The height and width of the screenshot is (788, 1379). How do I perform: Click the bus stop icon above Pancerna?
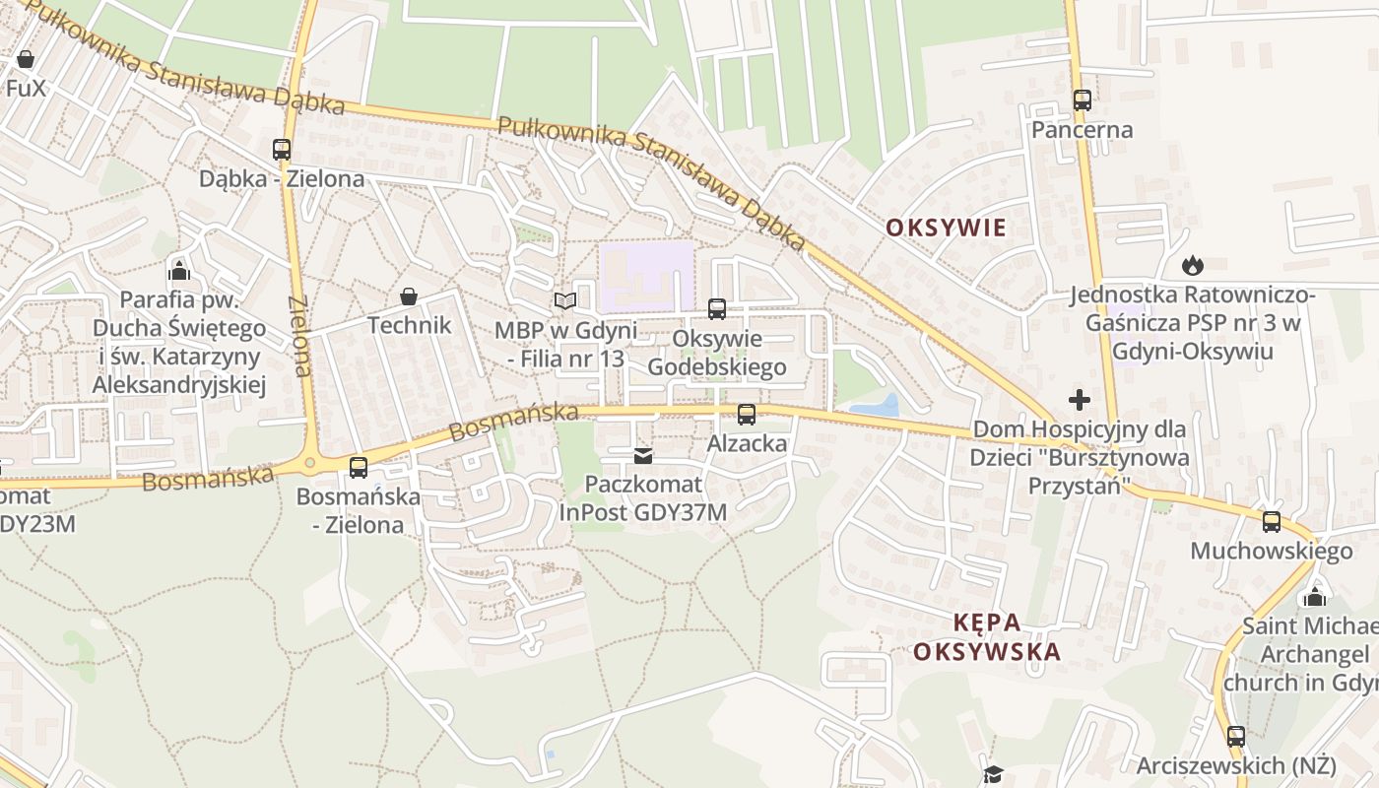coord(1082,100)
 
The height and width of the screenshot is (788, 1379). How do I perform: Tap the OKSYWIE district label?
coord(946,228)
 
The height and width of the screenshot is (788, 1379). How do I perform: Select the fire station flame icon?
coord(1193,265)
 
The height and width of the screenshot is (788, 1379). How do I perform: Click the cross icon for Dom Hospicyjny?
coord(1080,400)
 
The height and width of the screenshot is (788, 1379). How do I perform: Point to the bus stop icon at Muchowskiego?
coord(1272,522)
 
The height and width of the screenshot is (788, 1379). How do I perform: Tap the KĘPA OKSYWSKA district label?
coord(987,637)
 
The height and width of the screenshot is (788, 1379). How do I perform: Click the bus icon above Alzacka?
coord(747,415)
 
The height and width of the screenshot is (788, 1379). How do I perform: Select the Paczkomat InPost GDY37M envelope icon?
coord(643,456)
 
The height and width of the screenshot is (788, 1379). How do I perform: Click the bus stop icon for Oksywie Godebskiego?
coord(717,309)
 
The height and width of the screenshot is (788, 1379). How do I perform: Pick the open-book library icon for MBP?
coord(564,300)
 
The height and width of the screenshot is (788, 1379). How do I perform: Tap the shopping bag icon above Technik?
coord(409,296)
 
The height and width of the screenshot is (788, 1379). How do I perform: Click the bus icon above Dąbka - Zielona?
coord(282,150)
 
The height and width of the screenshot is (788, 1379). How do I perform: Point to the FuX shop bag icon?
coord(26,59)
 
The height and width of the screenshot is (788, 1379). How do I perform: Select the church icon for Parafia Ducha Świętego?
coord(179,269)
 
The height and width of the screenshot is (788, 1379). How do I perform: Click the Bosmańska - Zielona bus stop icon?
coord(359,468)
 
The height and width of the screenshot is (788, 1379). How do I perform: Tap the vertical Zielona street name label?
coord(301,335)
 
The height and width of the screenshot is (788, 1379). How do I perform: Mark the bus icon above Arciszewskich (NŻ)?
coord(1236,736)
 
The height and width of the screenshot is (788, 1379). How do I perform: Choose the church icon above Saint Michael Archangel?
coord(1314,597)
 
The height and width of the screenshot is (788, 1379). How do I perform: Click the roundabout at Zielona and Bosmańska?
coord(311,461)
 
